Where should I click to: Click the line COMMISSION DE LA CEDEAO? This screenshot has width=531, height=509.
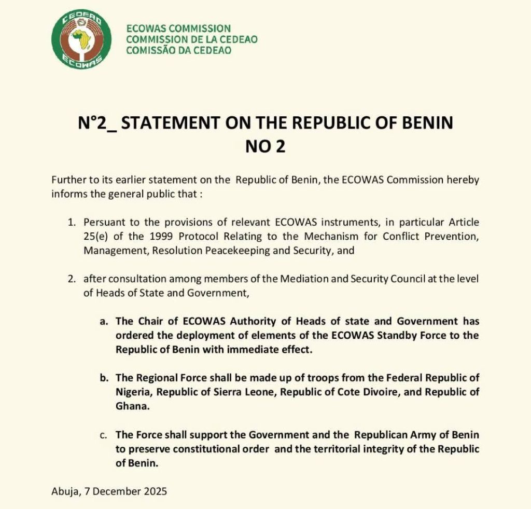click(x=192, y=39)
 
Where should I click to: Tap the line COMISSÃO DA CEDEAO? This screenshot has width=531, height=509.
click(x=179, y=50)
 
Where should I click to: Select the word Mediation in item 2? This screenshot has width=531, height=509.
click(x=302, y=279)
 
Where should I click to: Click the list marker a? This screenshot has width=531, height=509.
click(x=103, y=322)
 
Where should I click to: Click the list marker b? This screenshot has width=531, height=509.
click(x=103, y=378)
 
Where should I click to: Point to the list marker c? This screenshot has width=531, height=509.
click(x=103, y=434)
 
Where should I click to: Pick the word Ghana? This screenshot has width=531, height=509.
click(x=132, y=406)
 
